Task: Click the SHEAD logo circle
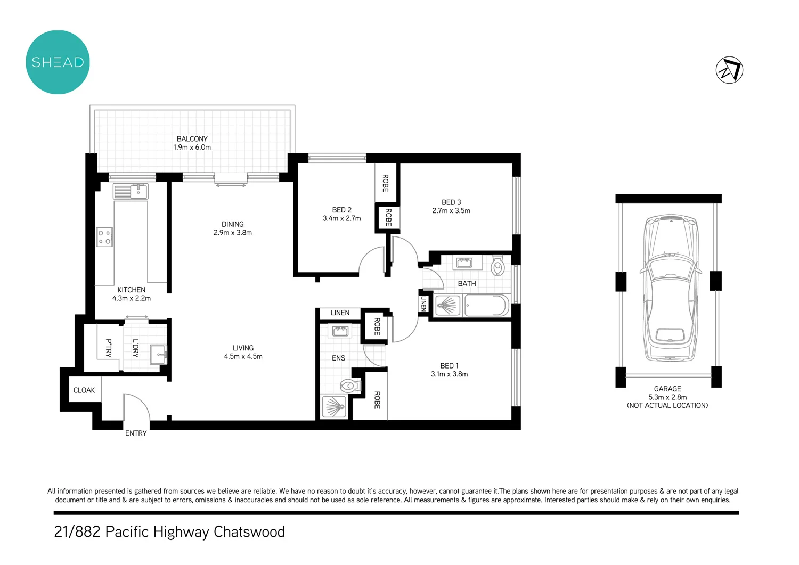point(58,62)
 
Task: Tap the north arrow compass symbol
point(729,70)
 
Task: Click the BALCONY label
point(192,138)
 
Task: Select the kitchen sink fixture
point(131,191)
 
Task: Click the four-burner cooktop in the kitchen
point(104,237)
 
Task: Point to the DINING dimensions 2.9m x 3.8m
point(233,233)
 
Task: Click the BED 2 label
point(341,210)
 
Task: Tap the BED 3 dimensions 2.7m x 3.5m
point(451,211)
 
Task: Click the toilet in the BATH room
point(498,265)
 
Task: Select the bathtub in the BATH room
point(486,306)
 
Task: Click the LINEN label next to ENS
point(340,313)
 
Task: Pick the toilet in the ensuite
point(349,386)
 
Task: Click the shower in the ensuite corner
point(334,407)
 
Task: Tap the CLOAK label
point(84,390)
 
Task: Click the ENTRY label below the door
point(136,433)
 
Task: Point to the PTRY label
point(109,348)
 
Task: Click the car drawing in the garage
point(669,288)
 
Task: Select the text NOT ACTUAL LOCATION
point(667,406)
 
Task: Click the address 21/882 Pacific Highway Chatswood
point(169,532)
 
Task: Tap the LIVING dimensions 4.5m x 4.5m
point(243,357)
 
